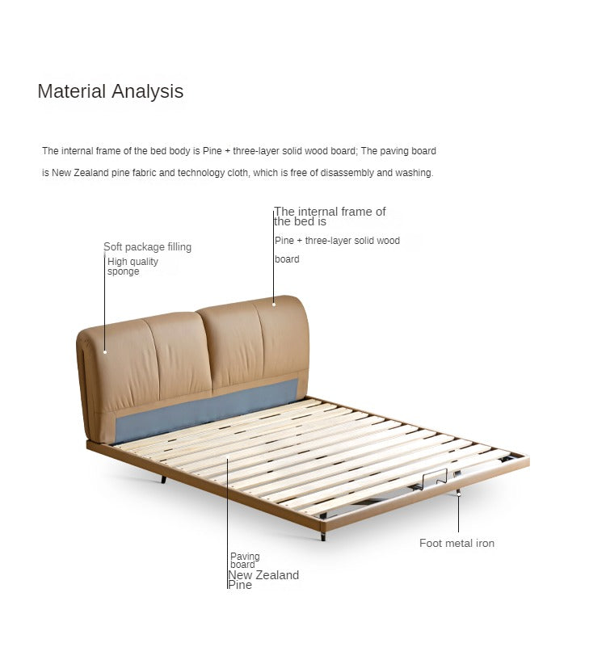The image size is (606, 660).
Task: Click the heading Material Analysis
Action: [111, 91]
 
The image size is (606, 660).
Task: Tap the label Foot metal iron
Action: [457, 543]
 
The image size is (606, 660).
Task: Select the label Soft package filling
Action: [147, 246]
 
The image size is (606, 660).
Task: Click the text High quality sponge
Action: [133, 266]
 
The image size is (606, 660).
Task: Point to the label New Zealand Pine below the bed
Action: [263, 579]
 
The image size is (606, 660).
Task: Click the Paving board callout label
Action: [245, 561]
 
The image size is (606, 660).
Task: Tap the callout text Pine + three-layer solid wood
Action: [337, 241]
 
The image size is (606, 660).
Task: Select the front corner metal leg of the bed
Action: [323, 536]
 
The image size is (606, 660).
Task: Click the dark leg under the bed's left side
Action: [163, 479]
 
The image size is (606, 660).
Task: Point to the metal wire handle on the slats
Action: [435, 477]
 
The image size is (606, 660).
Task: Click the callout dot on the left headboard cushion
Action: [105, 352]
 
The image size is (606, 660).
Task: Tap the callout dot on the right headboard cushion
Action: [274, 305]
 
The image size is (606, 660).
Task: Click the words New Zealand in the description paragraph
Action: [80, 173]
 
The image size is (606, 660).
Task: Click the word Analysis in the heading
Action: [147, 91]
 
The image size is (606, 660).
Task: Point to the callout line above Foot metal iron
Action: [458, 511]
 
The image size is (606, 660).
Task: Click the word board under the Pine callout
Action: [287, 259]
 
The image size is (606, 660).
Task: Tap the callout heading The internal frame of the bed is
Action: [330, 216]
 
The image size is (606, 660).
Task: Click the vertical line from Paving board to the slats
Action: [227, 523]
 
